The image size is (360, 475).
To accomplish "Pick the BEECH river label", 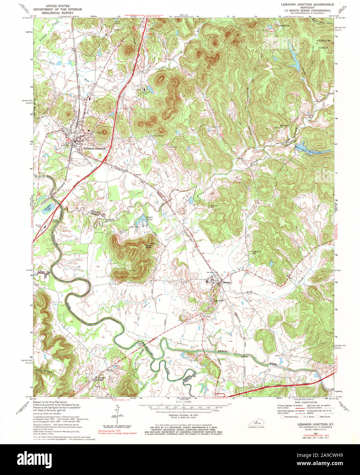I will (223, 351).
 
